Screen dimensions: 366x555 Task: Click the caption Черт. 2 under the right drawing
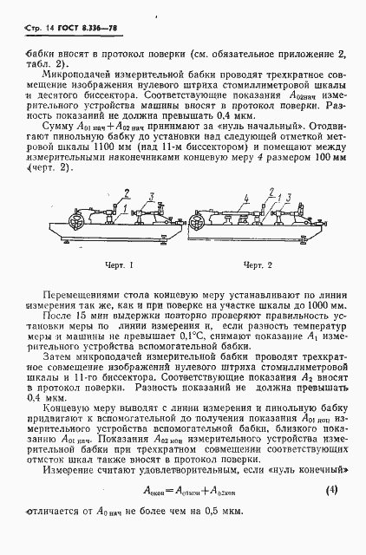click(x=258, y=264)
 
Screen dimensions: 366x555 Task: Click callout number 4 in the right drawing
click(x=245, y=199)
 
